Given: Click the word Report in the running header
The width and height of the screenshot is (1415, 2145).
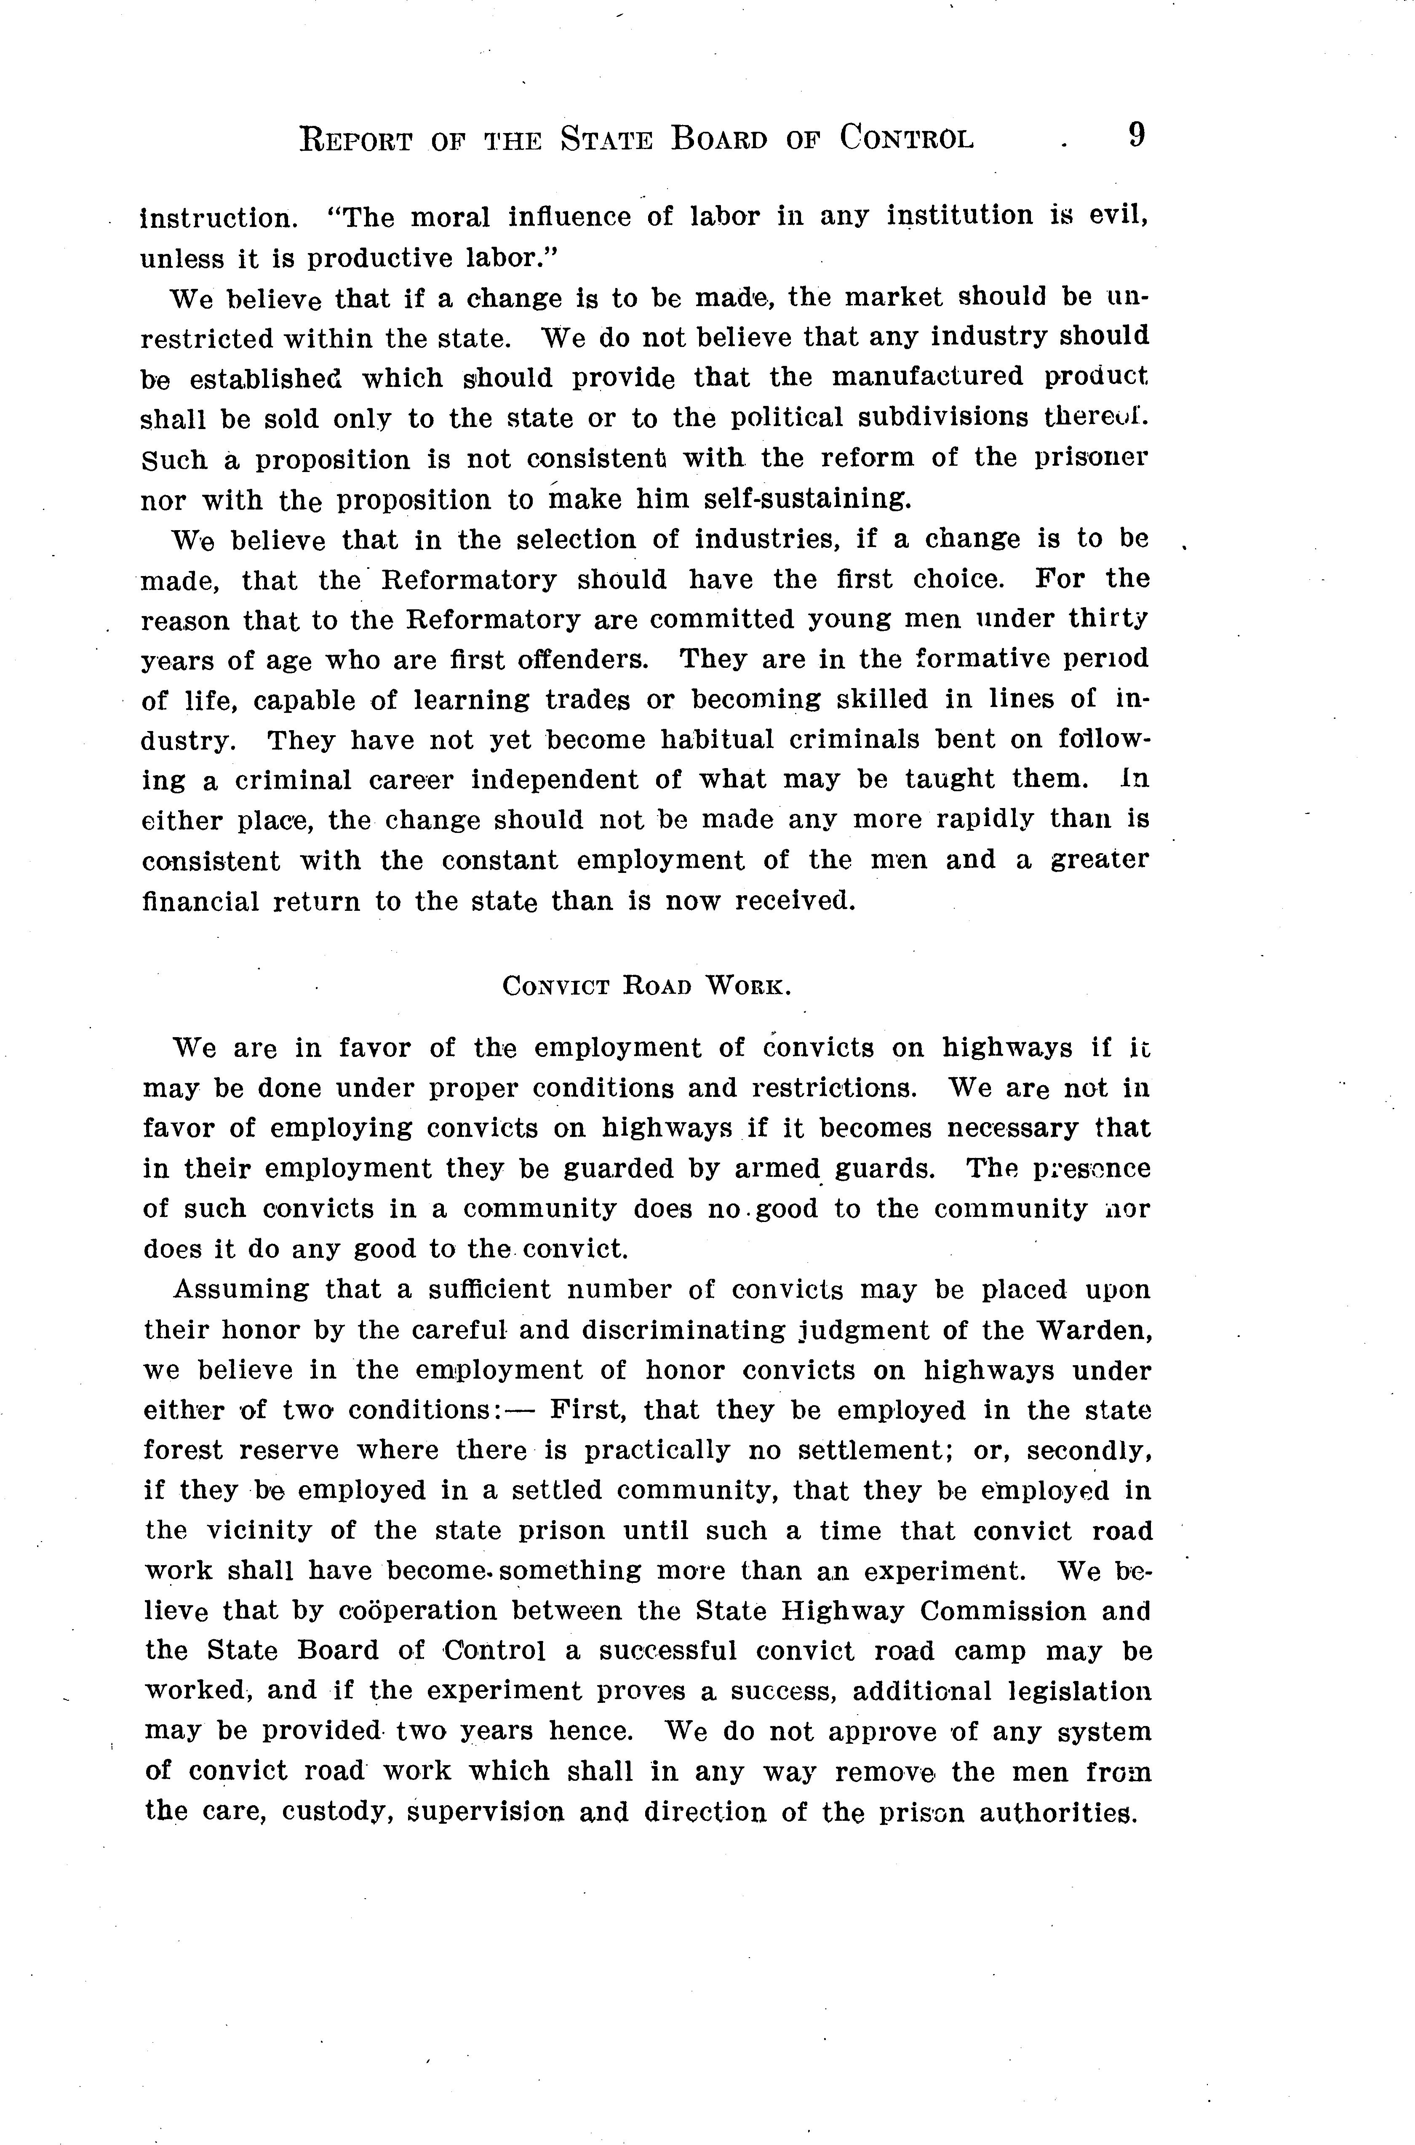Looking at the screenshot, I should [355, 141].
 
